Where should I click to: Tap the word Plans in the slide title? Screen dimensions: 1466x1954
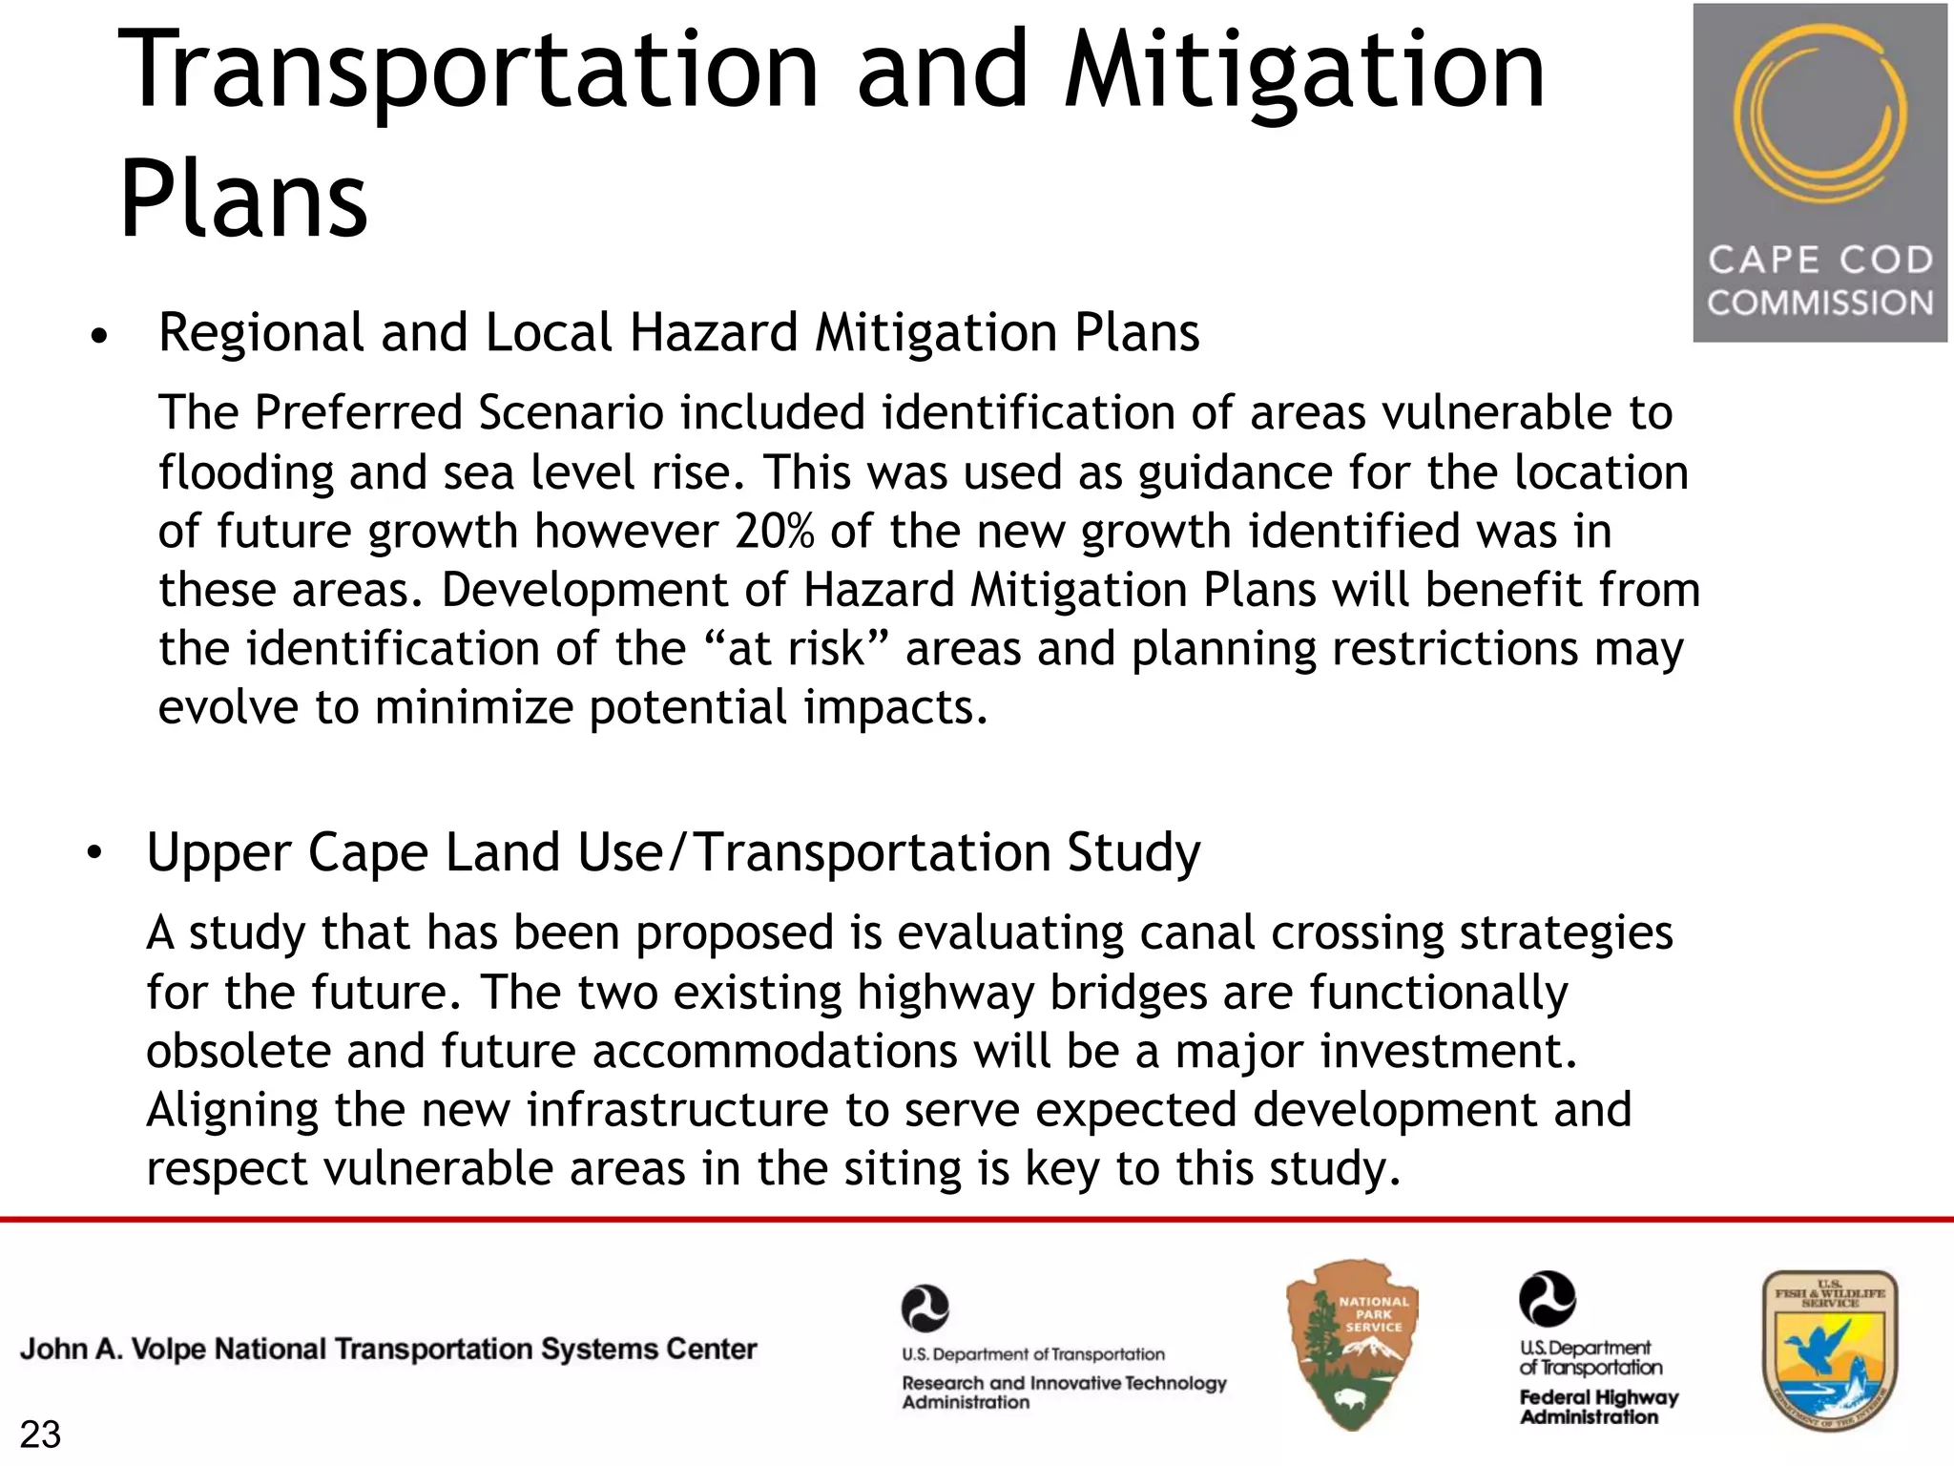tap(243, 200)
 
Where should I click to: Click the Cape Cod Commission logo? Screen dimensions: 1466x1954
tap(1819, 173)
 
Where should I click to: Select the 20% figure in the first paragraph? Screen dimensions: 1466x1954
tap(774, 532)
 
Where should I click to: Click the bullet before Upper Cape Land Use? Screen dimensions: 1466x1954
tap(94, 854)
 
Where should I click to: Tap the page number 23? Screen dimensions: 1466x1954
tap(40, 1435)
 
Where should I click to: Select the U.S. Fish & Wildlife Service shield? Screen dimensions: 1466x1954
tap(1829, 1351)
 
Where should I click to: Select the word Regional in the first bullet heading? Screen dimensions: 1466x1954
tap(260, 333)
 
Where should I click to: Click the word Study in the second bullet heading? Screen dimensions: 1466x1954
tap(1133, 852)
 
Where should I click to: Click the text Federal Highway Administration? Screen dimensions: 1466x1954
tap(1598, 1407)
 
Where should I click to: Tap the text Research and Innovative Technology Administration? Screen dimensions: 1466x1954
tap(1064, 1393)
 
